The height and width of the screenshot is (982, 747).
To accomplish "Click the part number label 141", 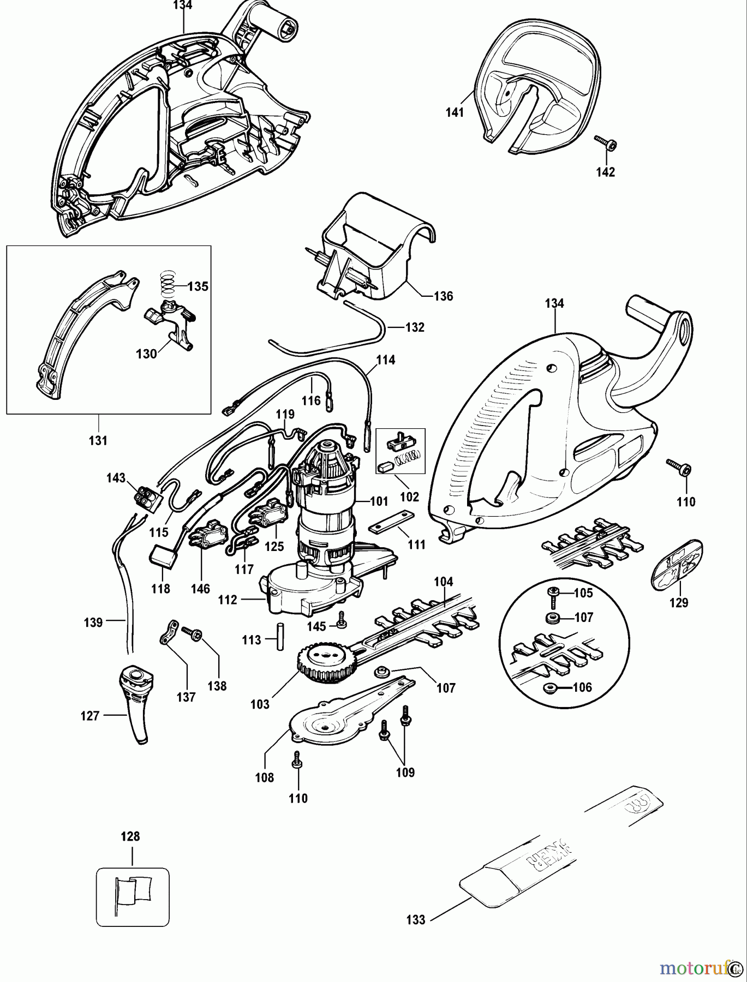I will pos(454,112).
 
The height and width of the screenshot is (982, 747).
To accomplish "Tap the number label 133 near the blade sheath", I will pos(415,920).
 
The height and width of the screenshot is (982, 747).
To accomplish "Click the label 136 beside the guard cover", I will pos(443,296).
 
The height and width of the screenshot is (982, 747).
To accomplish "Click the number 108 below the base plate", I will pos(265,777).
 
